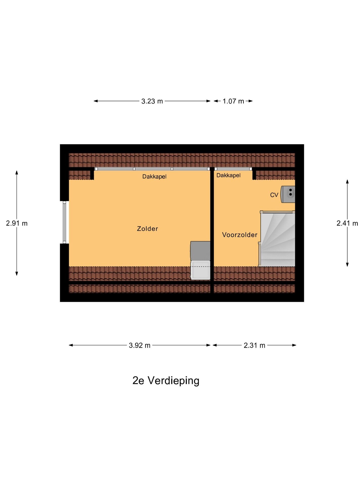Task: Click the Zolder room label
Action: coord(147,229)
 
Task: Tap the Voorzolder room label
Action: coord(240,235)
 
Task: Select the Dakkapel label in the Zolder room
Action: coord(154,177)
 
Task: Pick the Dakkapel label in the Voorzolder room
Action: coord(229,175)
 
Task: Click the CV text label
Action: coord(274,195)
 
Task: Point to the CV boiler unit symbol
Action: coord(288,194)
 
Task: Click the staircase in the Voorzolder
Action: coord(277,239)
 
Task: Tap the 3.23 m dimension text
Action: coord(152,101)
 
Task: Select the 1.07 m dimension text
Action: coord(233,101)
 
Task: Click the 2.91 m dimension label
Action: coord(17,223)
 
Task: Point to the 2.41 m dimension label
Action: coord(347,223)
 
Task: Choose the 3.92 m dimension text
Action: coord(140,345)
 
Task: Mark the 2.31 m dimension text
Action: coord(254,345)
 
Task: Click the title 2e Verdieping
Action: coord(166,380)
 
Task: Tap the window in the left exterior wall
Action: coord(64,222)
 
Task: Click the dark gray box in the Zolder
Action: coord(200,251)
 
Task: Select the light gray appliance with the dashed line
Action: coord(200,270)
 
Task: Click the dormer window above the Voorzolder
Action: coord(233,169)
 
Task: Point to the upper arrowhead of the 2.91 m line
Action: coord(17,172)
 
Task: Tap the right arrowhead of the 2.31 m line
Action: coord(294,345)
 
